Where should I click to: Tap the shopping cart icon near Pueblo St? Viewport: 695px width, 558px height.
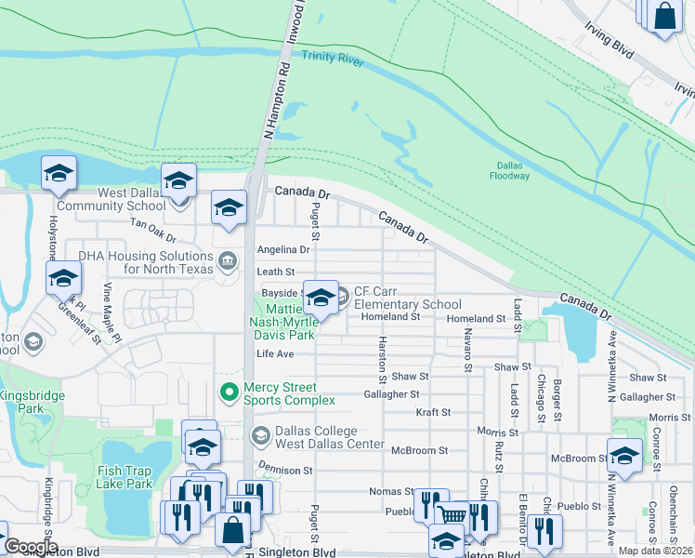[452, 514]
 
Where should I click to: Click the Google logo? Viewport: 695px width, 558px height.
[31, 547]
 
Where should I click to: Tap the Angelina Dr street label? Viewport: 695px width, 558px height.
[282, 250]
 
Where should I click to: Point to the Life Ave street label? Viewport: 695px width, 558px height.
[275, 354]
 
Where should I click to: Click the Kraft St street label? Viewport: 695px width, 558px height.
[433, 412]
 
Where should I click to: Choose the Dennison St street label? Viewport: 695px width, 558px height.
[284, 471]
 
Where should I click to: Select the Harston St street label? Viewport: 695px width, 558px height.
[381, 359]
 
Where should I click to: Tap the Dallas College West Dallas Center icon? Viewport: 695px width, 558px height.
[261, 435]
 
